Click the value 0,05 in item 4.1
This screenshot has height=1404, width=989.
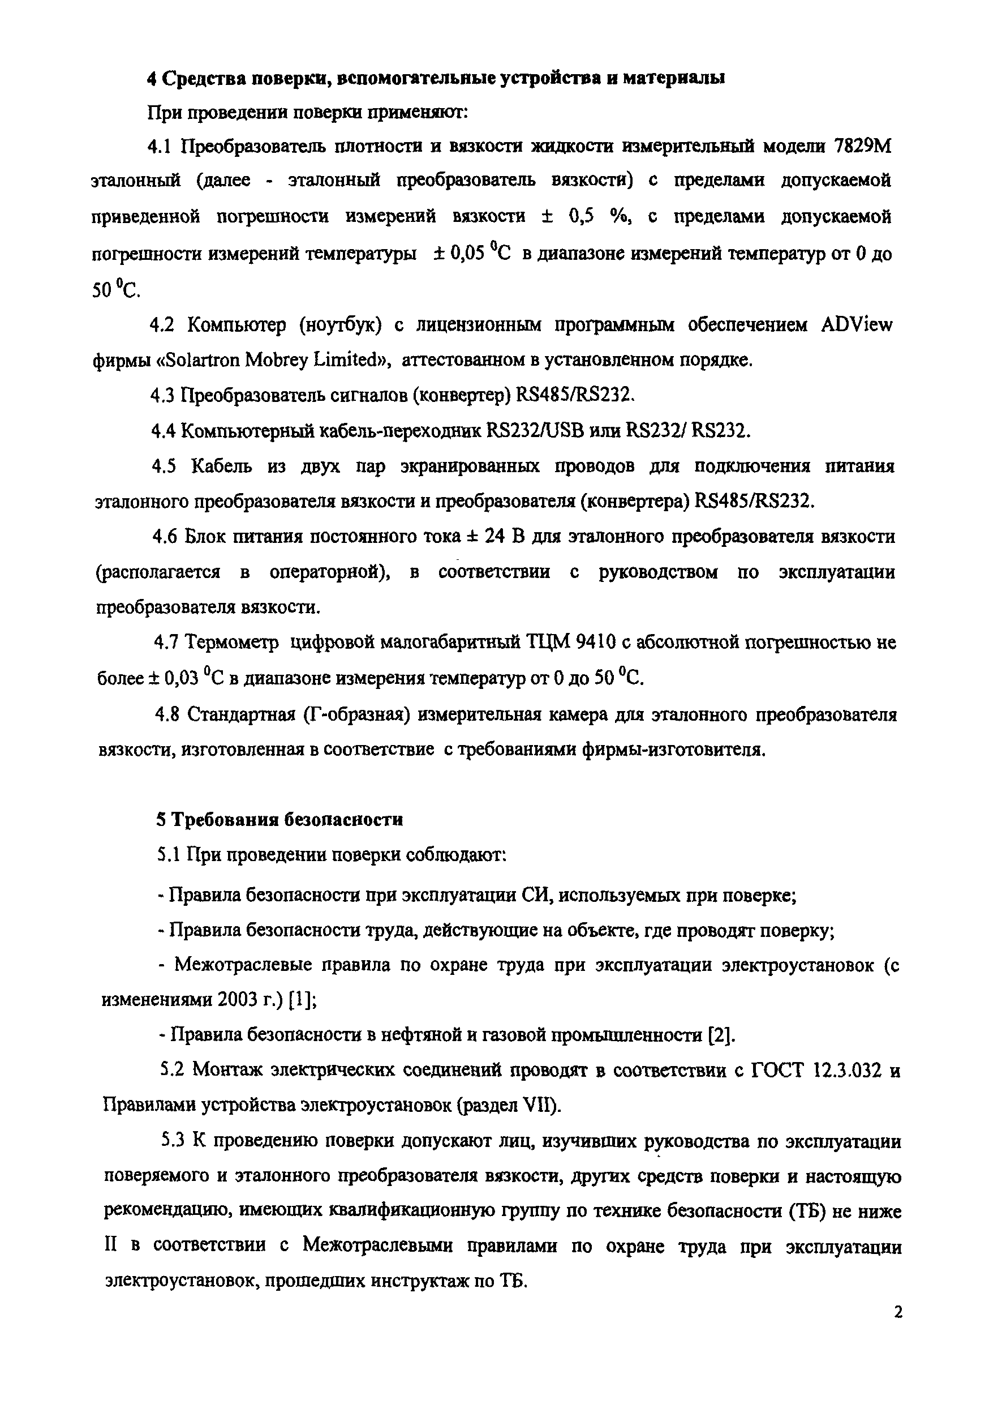point(467,253)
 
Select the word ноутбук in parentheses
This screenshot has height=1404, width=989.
point(340,325)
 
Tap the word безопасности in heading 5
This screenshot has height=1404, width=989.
point(344,820)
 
